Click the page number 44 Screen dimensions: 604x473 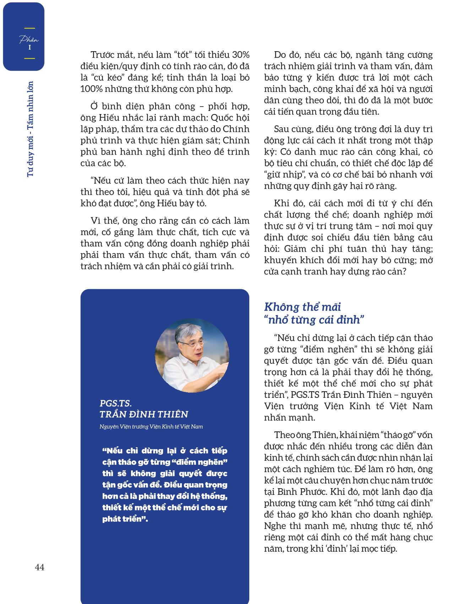point(40,567)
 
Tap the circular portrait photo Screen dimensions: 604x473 point(192,356)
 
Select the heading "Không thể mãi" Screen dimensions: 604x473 point(303,307)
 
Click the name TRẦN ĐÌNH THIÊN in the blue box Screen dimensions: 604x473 point(144,414)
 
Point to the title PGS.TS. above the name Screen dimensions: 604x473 point(116,403)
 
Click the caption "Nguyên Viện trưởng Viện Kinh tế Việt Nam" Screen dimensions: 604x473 point(151,426)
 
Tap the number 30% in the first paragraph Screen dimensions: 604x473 point(240,55)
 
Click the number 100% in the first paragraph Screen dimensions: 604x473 point(91,89)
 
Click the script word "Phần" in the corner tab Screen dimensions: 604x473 point(29,39)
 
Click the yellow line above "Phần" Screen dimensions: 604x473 point(29,28)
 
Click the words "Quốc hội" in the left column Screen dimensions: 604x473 point(232,118)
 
